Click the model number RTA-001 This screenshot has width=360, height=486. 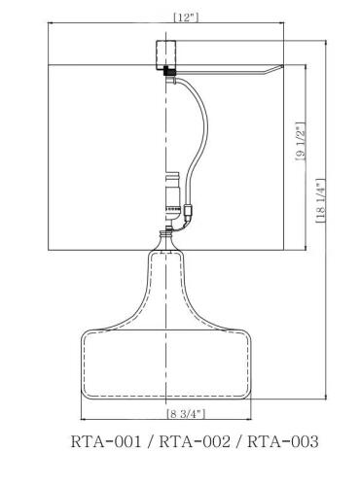(106, 442)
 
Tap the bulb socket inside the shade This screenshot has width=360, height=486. (170, 191)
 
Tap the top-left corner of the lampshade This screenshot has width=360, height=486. (48, 64)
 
